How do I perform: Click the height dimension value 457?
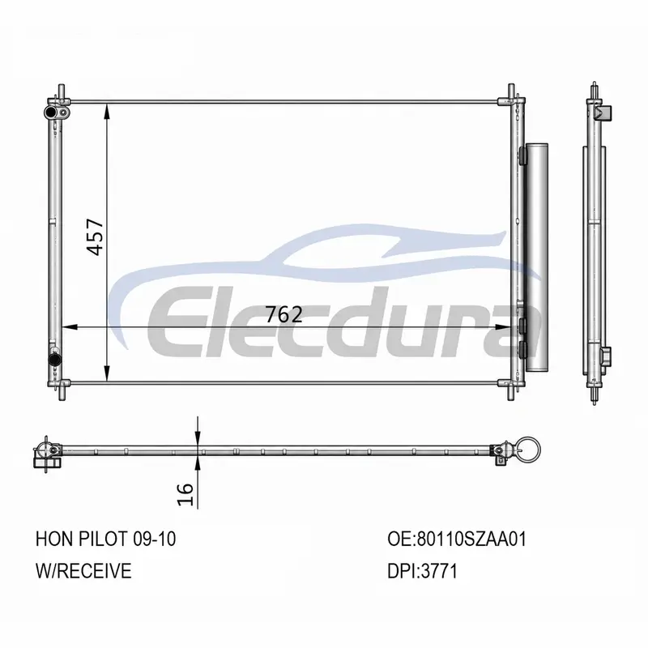click(96, 237)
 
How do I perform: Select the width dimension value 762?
click(284, 315)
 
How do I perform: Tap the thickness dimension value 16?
click(185, 494)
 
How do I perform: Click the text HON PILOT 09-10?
click(106, 539)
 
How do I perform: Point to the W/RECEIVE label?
click(83, 571)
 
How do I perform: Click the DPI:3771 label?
click(422, 571)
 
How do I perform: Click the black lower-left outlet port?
click(54, 359)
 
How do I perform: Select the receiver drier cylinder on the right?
click(536, 258)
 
